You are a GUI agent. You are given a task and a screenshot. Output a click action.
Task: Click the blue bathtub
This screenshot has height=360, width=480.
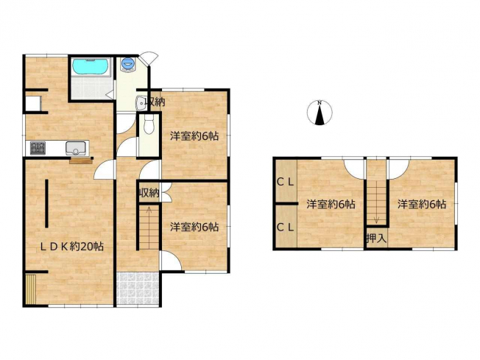tap(91, 66)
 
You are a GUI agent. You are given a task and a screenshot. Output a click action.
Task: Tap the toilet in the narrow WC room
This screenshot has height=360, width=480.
tap(149, 125)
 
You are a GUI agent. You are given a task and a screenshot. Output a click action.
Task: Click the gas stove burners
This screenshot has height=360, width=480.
tap(38, 147)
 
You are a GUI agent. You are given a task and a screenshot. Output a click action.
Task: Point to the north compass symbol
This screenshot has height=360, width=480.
tap(320, 113)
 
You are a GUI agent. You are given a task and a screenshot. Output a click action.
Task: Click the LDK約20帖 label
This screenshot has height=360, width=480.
tap(72, 247)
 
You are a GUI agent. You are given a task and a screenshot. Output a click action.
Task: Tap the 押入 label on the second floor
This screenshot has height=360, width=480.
tap(376, 238)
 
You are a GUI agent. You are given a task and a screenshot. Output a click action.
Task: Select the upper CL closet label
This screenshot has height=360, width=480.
tap(286, 182)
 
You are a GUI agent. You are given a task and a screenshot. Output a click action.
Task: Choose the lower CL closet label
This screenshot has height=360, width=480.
tap(286, 227)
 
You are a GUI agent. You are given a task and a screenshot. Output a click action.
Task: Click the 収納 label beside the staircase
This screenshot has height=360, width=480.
tap(149, 193)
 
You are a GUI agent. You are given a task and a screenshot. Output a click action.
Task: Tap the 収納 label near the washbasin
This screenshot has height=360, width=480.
tap(155, 102)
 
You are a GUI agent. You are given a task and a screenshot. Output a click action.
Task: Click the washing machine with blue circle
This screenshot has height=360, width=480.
tap(127, 64)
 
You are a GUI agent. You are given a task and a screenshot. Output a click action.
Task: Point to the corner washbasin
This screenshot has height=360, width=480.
tap(141, 103)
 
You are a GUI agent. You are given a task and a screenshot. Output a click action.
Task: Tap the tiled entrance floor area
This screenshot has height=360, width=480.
tap(138, 288)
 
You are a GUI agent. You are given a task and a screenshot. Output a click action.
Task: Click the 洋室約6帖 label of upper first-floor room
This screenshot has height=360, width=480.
tap(194, 136)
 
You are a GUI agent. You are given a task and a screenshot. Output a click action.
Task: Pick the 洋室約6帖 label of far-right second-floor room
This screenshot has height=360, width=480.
tap(422, 204)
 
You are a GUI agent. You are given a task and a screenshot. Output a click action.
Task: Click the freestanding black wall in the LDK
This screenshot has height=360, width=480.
tap(46, 203)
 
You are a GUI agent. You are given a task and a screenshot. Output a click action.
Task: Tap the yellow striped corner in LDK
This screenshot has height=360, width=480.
tap(31, 289)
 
